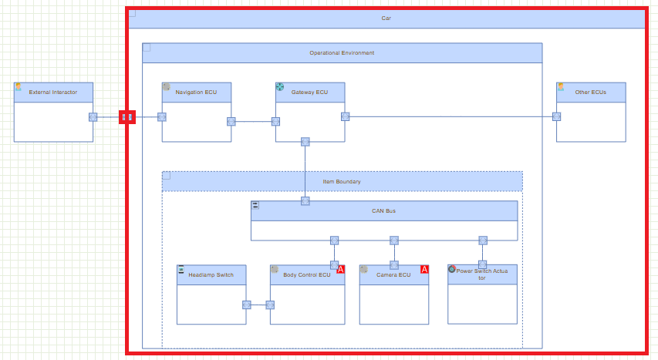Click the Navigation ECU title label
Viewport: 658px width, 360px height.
pos(196,93)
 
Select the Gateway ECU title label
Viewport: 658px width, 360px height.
pos(309,93)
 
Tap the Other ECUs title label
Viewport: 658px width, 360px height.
pos(590,93)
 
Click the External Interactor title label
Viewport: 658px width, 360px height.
pos(53,93)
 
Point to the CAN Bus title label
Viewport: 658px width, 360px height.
pos(383,210)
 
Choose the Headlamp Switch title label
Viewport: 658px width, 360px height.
pos(211,274)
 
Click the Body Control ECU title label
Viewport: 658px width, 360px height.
pos(306,274)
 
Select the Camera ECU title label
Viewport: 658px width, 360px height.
pos(393,274)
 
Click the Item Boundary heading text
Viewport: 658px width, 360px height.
pos(342,182)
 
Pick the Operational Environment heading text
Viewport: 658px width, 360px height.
pos(342,53)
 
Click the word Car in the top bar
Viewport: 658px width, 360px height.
pos(386,18)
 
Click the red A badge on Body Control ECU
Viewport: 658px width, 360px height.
pos(340,269)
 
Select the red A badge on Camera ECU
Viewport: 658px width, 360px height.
pos(423,269)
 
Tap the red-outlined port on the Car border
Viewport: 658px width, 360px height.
pos(127,117)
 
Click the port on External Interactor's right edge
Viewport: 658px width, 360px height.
pos(93,117)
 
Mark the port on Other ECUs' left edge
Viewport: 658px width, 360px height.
pos(556,116)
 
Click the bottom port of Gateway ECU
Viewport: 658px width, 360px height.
pos(305,142)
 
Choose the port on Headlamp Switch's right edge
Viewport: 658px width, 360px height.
pos(246,304)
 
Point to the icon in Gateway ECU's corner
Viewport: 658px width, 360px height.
pos(280,87)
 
